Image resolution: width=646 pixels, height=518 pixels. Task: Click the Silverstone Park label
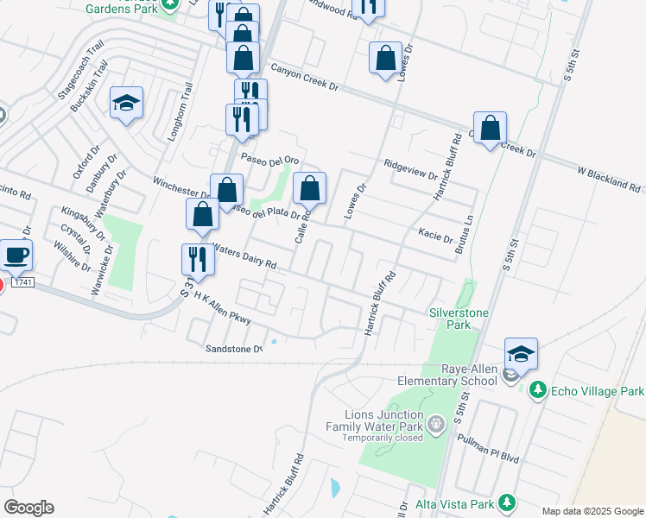(x=451, y=319)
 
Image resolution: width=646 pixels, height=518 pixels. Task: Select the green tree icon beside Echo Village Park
(x=538, y=390)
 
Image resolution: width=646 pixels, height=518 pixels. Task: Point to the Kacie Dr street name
(x=435, y=233)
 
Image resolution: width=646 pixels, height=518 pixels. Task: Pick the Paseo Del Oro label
(x=269, y=160)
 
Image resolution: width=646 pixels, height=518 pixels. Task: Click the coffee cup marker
(x=16, y=256)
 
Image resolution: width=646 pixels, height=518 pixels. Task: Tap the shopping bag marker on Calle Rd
(x=310, y=188)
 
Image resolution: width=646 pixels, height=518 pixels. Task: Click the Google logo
(x=28, y=508)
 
